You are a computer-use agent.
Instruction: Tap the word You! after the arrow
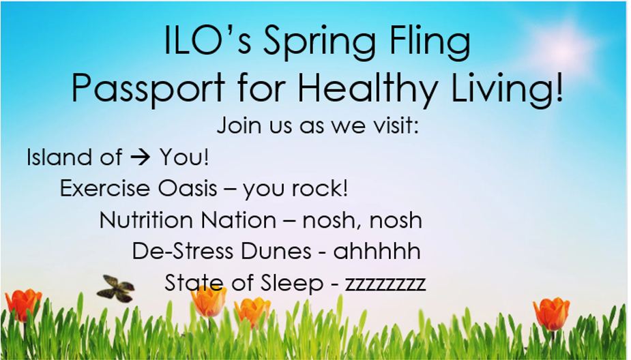pos(184,156)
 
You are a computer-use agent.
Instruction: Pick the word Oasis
pos(188,188)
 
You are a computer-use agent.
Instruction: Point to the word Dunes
pos(276,251)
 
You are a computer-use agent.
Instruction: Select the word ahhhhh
pos(377,251)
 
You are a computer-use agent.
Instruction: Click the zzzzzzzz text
pos(385,284)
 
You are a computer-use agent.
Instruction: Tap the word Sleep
pos(292,282)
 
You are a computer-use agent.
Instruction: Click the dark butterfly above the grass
pos(116,288)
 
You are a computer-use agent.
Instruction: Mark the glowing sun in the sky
pos(563,48)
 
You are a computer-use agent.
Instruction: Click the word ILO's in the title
pos(208,41)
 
